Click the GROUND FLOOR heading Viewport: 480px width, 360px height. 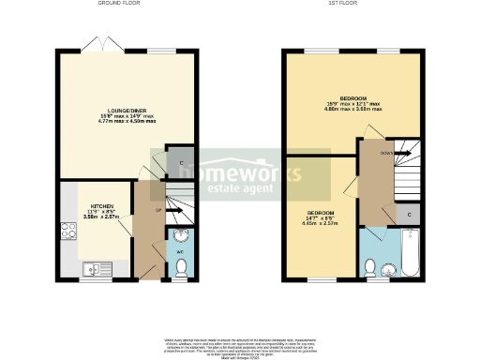[121, 4]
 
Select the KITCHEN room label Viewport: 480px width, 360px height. [101, 204]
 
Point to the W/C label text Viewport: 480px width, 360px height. [180, 251]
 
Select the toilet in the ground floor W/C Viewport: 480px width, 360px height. [182, 268]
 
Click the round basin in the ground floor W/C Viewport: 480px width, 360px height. [182, 235]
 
